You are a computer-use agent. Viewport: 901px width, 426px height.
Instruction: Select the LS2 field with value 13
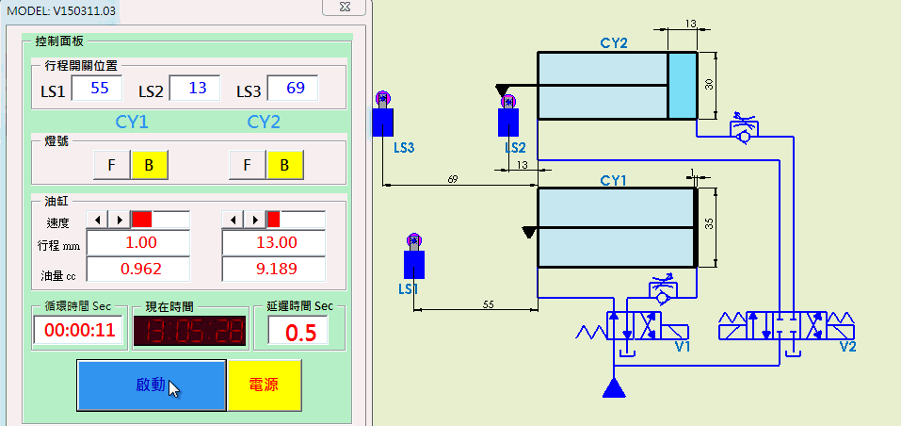(x=195, y=89)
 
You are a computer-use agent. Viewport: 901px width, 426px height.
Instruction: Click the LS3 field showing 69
(x=293, y=89)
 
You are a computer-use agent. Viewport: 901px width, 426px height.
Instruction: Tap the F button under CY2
(x=247, y=165)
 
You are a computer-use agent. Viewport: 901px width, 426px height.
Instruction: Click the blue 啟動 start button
(x=152, y=385)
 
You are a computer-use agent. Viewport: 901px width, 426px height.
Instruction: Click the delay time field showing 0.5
(x=298, y=332)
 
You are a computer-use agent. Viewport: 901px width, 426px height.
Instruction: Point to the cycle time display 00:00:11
(x=79, y=331)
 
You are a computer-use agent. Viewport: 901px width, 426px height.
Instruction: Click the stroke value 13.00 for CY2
(x=273, y=242)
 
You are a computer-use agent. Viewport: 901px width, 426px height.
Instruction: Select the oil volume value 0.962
(x=137, y=269)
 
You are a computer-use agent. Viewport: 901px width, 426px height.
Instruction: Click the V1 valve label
(x=683, y=346)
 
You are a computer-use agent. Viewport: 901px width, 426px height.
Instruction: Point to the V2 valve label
(x=846, y=346)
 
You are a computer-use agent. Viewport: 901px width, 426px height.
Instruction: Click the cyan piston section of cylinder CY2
(x=682, y=85)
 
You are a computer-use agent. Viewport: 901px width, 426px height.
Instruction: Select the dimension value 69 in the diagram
(x=452, y=178)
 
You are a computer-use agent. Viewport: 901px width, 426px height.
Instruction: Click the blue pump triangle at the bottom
(x=615, y=386)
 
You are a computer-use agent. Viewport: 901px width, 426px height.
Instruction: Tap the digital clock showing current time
(x=188, y=331)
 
